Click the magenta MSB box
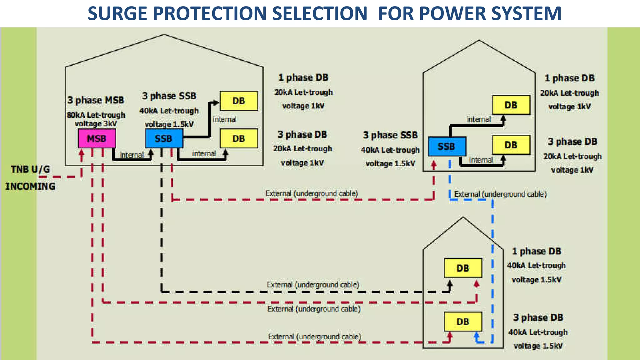pos(97,138)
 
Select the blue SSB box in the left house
pos(164,138)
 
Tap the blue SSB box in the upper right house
pos(447,146)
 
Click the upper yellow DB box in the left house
pos(239,101)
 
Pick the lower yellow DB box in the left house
pos(239,138)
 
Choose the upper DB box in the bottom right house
pos(463,268)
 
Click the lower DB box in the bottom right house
pos(463,322)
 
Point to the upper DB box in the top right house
pos(511,105)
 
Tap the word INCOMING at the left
pos(30,186)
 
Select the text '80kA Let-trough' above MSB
pos(96,115)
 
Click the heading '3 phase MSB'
pos(96,100)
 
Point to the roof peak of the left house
pos(164,35)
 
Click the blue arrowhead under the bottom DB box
pos(476,335)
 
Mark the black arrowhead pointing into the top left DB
pos(216,102)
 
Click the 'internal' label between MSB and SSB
pos(132,155)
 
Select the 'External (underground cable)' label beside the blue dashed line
pos(500,194)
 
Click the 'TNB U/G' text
pos(30,169)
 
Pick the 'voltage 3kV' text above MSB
pos(96,124)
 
